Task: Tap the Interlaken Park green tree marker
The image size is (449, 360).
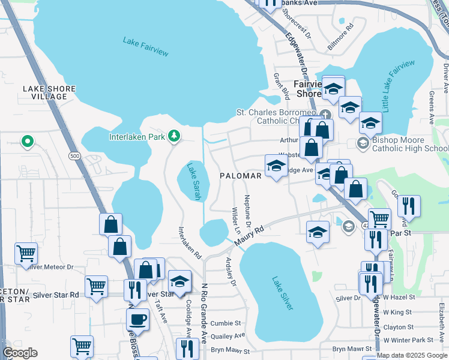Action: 174,136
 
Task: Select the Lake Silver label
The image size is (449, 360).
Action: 282,293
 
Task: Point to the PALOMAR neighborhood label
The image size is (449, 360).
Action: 240,176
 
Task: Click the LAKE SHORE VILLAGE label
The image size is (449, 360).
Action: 49,92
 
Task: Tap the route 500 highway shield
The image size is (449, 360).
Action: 74,156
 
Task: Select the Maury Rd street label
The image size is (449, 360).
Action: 250,235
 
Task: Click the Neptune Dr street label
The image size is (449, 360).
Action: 247,206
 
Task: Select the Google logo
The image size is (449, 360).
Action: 20,353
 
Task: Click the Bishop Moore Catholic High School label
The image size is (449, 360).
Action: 406,144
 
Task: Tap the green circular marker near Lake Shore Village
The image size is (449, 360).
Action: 27,142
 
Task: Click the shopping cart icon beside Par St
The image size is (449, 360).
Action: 379,220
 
